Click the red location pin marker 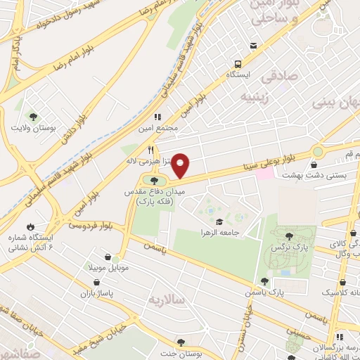tap(181, 166)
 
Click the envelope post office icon tap(252, 46)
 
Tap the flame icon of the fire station tap(30, 226)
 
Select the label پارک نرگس tap(289, 248)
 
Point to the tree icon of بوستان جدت tap(181, 342)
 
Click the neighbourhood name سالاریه tap(165, 300)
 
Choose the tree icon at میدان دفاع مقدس tap(155, 181)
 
